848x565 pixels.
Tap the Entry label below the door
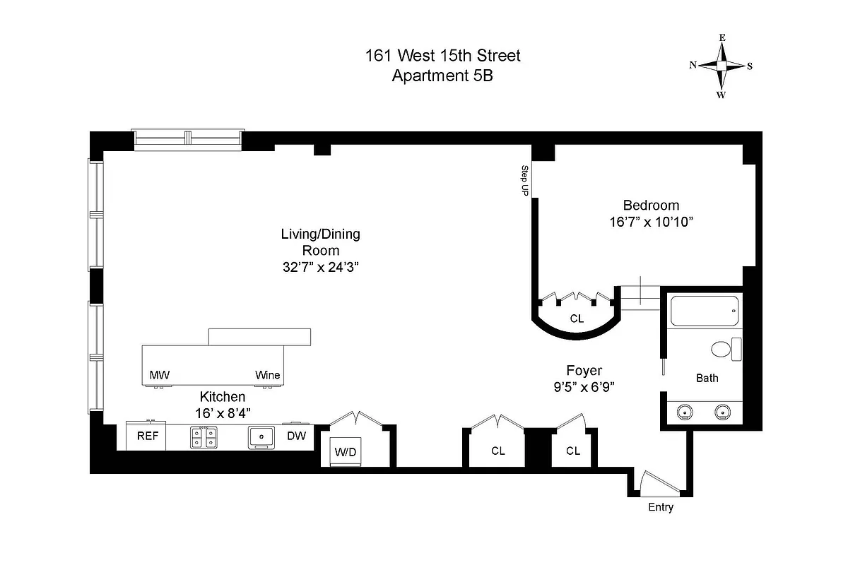coord(661,507)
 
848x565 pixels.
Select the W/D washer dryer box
coord(345,451)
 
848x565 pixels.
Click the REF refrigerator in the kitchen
coord(147,436)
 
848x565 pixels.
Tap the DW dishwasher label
coord(296,436)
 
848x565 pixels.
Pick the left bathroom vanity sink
coord(683,412)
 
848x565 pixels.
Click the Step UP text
coord(525,180)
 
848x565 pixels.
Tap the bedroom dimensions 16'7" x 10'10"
coord(650,222)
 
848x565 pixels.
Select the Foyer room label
coord(584,370)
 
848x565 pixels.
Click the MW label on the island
coord(159,375)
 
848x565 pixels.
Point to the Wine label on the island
coord(267,375)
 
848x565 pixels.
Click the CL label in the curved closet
coord(577,319)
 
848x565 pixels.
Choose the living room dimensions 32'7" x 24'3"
coord(321,266)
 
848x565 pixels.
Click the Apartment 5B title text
coord(442,76)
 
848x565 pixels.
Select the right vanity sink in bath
coord(722,412)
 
